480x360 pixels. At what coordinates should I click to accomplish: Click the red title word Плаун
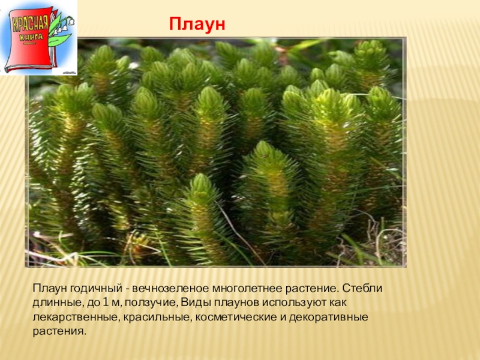coord(197,24)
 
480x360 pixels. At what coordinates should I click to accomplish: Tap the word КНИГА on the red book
coord(31,38)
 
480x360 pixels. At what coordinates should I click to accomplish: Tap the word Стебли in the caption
coord(362,289)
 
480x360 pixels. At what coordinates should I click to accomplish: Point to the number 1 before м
coord(106,302)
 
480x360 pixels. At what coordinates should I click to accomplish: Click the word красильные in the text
coord(158,317)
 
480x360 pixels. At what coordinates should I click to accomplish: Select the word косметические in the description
coord(236,317)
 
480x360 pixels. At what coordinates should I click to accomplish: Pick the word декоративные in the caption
coord(328,317)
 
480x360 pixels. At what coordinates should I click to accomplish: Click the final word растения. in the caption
coord(58,331)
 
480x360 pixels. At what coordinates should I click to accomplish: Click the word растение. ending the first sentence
coord(312,289)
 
